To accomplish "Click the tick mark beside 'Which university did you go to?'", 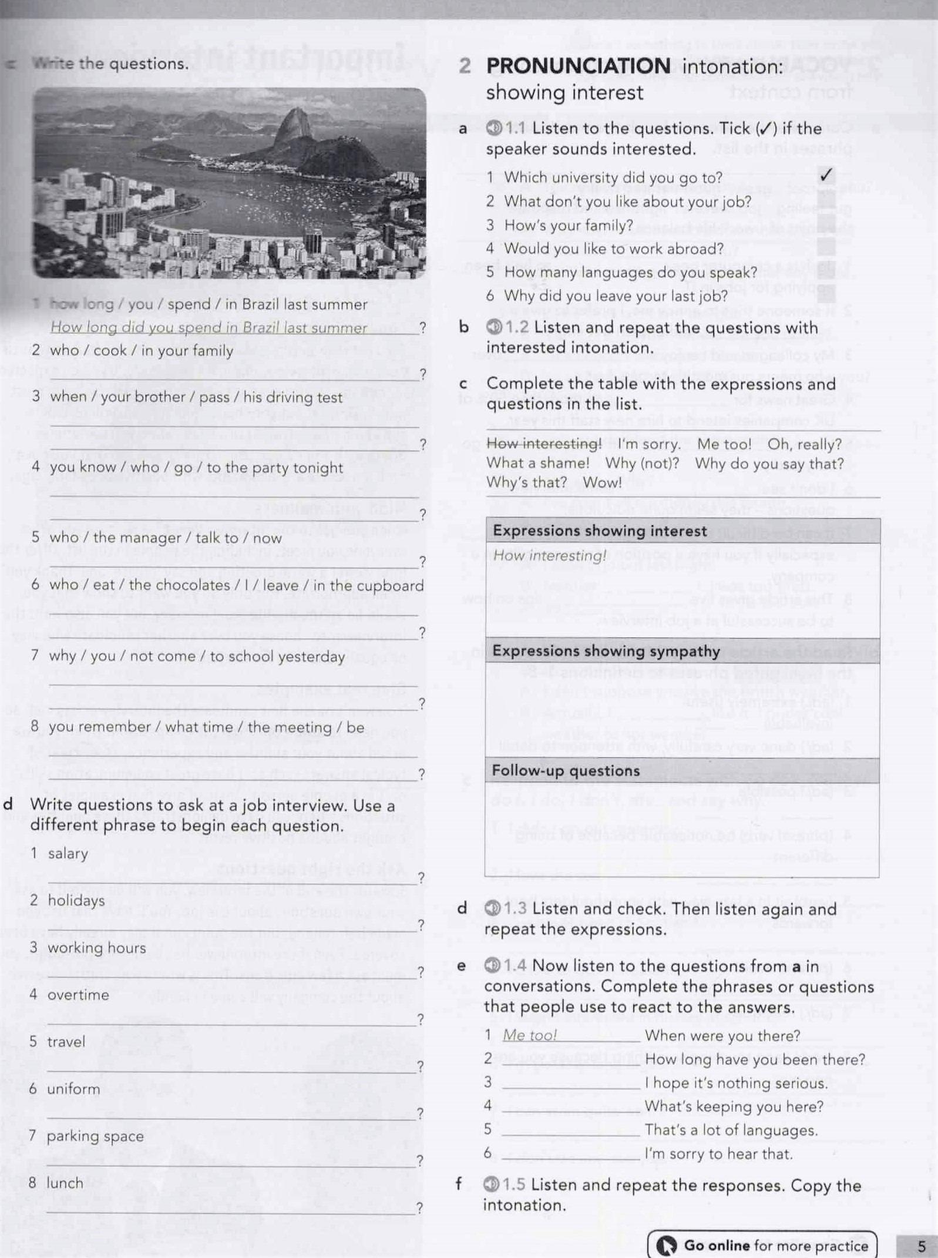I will (x=826, y=175).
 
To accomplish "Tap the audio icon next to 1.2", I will (x=495, y=327).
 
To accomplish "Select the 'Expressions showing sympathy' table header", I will (x=606, y=651).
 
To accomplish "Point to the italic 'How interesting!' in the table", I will (x=550, y=555).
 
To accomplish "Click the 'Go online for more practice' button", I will (x=762, y=1245).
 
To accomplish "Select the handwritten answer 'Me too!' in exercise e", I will (x=530, y=1035).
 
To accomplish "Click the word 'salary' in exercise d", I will (x=68, y=853).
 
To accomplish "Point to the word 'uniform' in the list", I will (x=73, y=1089).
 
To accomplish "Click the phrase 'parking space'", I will (x=95, y=1136).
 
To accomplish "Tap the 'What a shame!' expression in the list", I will (x=537, y=463).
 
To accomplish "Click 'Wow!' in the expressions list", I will (x=602, y=482).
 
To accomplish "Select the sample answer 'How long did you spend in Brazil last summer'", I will (x=209, y=327).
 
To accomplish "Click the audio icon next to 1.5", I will (x=491, y=1185).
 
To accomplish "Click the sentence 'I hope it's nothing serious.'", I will (x=736, y=1083).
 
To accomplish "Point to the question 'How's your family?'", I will (x=569, y=225).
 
